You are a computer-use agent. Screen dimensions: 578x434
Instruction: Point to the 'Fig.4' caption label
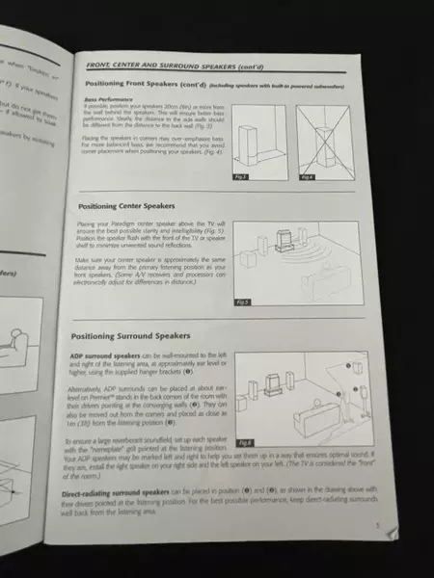[x=307, y=177]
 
